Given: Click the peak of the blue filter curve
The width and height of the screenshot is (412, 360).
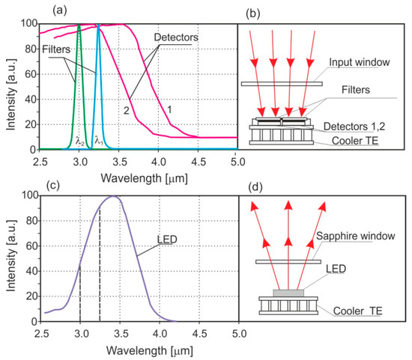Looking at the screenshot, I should point(98,25).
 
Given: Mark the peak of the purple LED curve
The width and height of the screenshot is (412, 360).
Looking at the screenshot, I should point(113,197).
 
